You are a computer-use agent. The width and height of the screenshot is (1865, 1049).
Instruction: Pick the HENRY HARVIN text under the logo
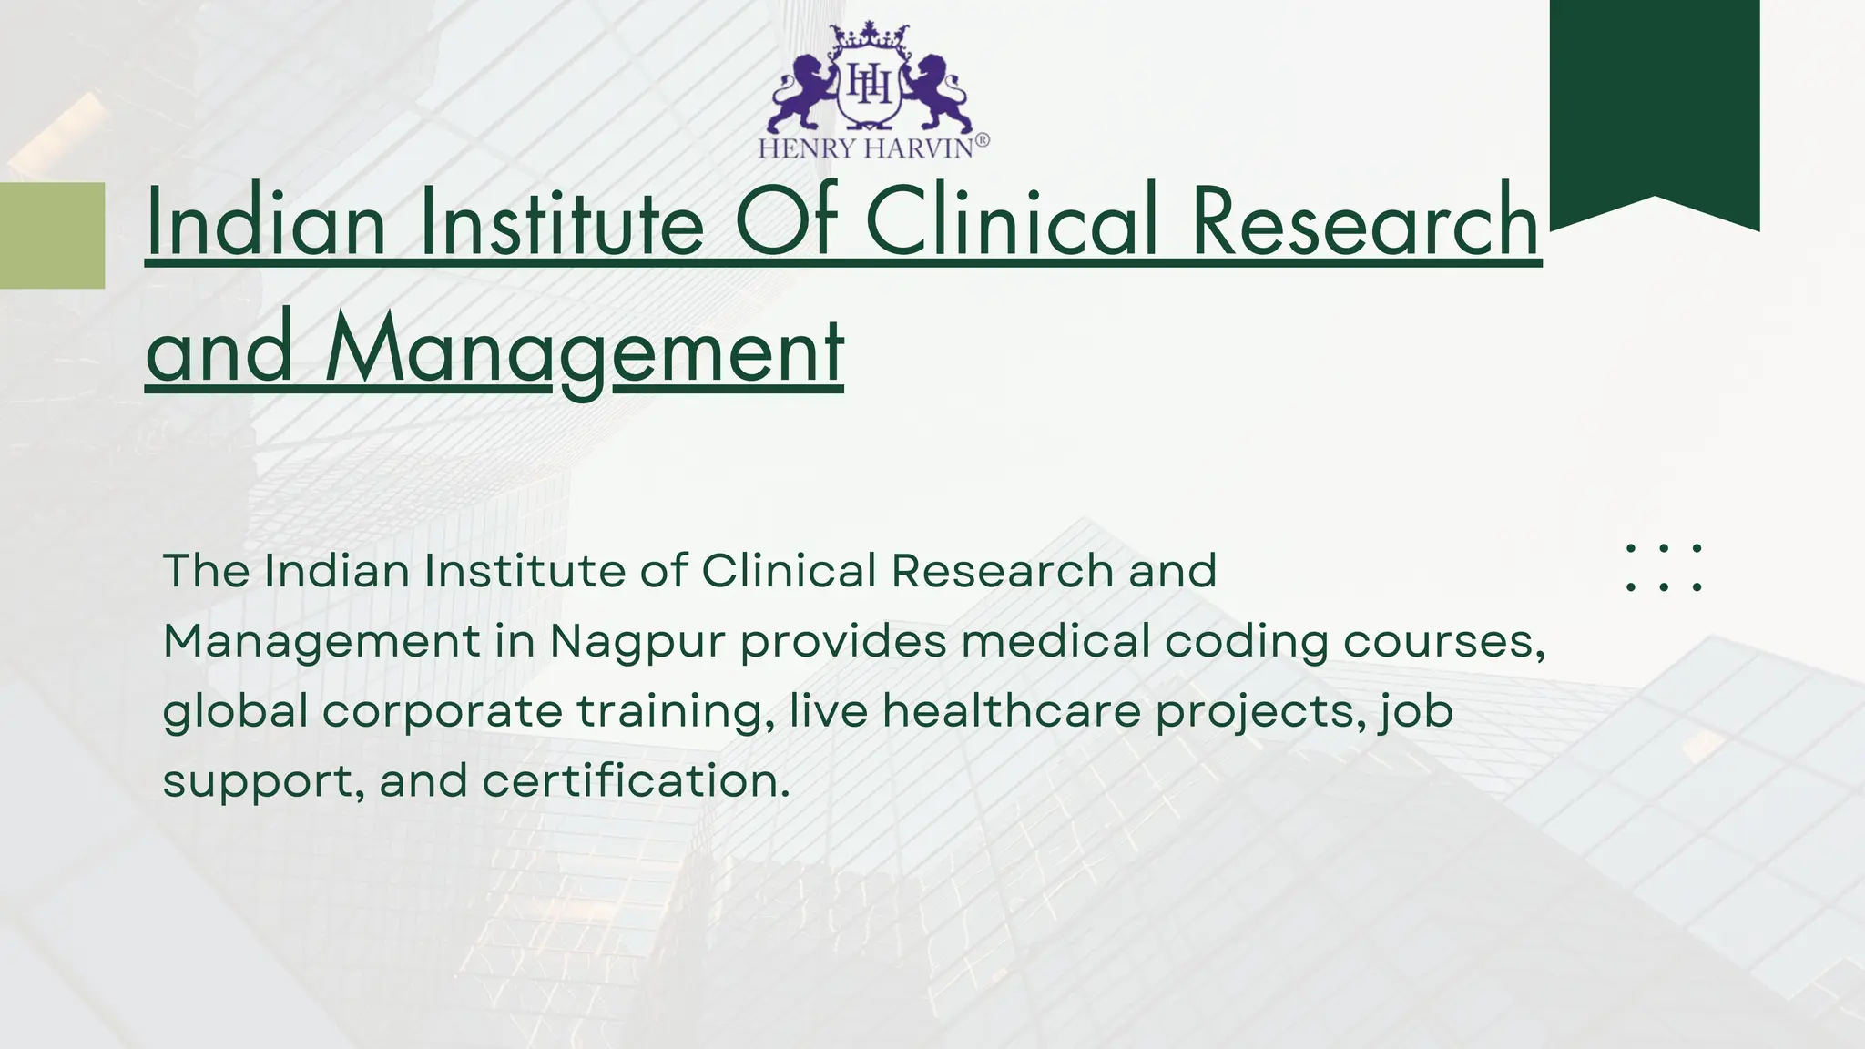(x=866, y=148)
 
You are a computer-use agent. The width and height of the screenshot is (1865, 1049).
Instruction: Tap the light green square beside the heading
(x=52, y=235)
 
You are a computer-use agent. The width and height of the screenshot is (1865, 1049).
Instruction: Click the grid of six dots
(x=1664, y=567)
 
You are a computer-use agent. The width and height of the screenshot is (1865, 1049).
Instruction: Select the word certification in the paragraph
(x=636, y=781)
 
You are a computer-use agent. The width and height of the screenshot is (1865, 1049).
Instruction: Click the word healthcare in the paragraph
(x=1011, y=711)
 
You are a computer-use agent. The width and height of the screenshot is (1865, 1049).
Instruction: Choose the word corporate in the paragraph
(x=442, y=712)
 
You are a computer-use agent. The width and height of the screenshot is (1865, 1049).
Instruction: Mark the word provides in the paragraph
(x=843, y=642)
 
